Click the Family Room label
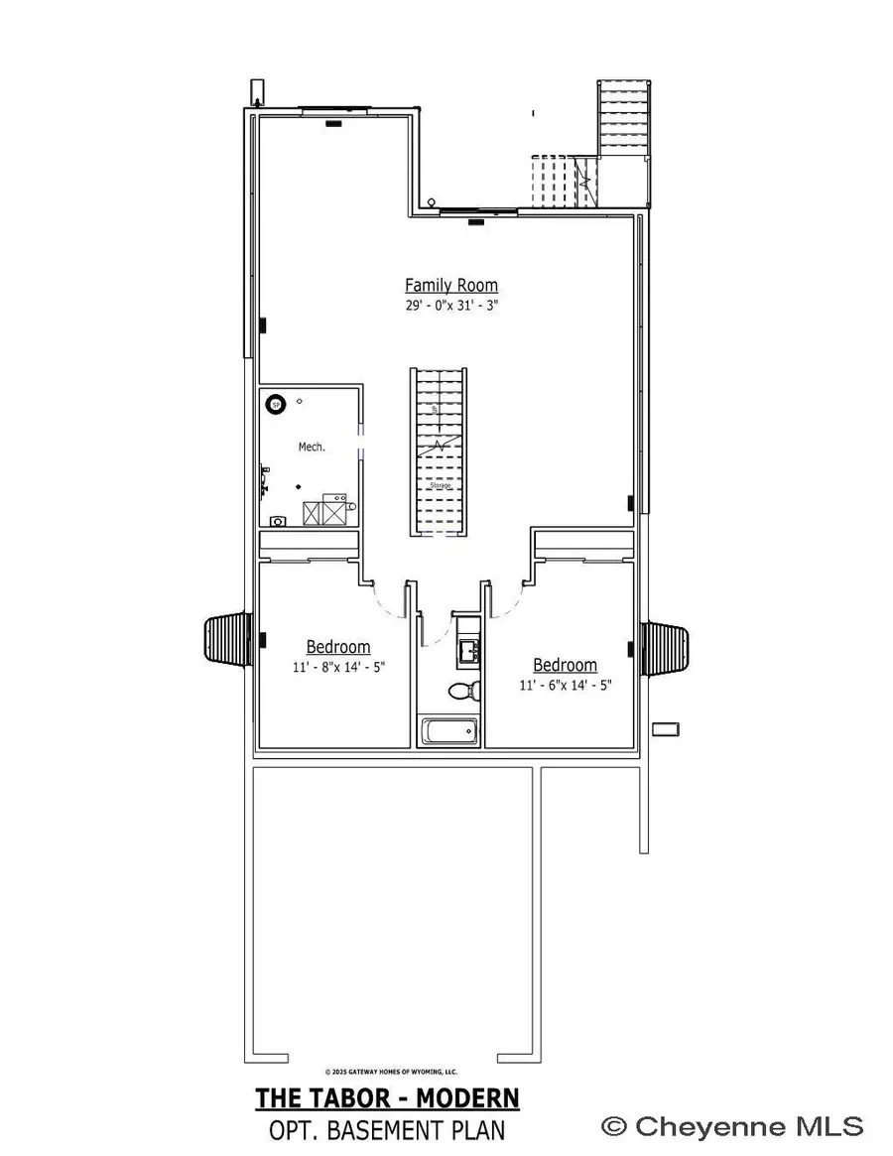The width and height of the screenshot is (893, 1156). click(450, 286)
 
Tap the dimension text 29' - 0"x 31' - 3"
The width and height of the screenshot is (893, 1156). click(450, 307)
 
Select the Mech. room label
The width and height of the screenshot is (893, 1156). click(312, 448)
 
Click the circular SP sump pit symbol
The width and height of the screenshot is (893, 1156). click(276, 404)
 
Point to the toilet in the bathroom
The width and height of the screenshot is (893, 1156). click(461, 690)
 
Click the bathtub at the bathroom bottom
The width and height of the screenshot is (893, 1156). click(449, 733)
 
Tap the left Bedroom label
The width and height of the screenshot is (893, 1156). click(337, 647)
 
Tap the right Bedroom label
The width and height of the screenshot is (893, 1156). click(565, 665)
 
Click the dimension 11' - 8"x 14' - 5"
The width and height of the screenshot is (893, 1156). click(337, 668)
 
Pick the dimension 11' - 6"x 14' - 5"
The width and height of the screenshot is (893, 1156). click(565, 685)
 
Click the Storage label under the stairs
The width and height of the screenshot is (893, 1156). click(441, 486)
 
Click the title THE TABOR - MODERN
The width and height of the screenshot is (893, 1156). click(387, 1098)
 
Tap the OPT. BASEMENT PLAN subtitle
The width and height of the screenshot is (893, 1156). click(387, 1129)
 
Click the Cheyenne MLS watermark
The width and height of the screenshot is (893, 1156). click(734, 1126)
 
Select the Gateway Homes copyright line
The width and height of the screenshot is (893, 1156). click(391, 1072)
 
